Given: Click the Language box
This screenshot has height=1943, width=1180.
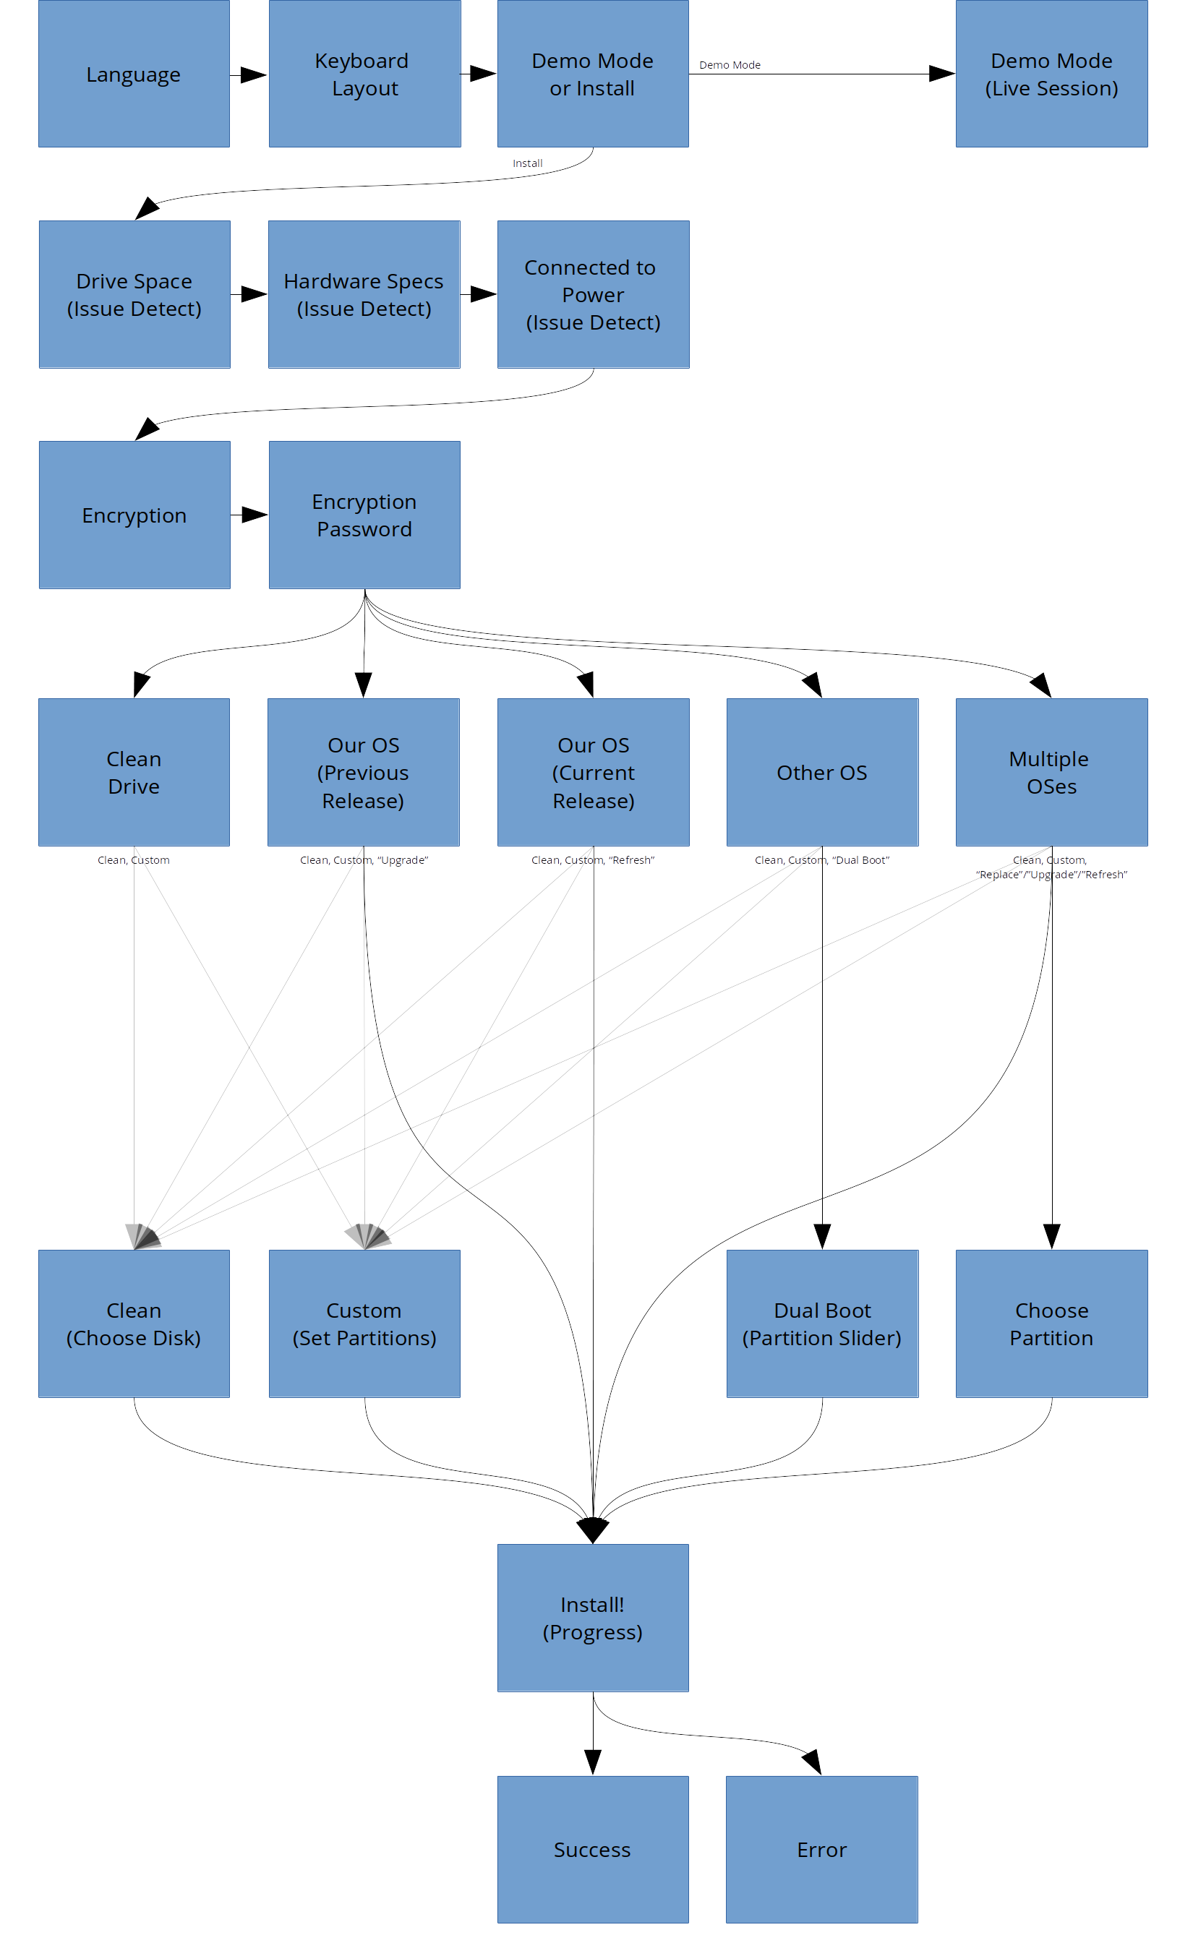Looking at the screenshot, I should point(134,74).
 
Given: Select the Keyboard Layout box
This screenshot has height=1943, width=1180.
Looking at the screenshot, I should point(364,74).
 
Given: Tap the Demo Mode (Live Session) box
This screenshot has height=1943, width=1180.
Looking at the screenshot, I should point(1051,74).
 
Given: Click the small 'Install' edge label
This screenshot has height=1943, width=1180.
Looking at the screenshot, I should point(527,163).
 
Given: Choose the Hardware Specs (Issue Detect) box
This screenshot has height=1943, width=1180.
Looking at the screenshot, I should point(364,294).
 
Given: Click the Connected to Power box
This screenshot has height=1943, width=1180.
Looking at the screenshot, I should point(593,294).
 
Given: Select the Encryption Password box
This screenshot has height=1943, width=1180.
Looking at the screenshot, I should point(364,515).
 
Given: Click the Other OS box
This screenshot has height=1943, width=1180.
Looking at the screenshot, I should point(822,772).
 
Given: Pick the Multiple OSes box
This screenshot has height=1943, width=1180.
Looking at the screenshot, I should point(1051,772).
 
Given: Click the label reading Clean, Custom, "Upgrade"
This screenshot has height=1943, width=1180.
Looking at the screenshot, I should point(364,860).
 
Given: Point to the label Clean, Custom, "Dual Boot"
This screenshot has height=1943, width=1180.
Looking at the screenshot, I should point(822,860).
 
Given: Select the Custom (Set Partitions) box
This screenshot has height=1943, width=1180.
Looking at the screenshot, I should point(364,1324).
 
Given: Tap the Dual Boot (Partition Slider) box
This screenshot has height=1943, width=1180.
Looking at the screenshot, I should point(822,1324).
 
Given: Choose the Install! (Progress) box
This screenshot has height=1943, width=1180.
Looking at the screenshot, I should point(593,1618).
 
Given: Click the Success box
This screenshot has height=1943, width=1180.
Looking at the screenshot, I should point(593,1850).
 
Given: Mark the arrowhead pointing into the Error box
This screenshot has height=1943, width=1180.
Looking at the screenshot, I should point(813,1762).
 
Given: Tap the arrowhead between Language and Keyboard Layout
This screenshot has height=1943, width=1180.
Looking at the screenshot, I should point(252,75).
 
